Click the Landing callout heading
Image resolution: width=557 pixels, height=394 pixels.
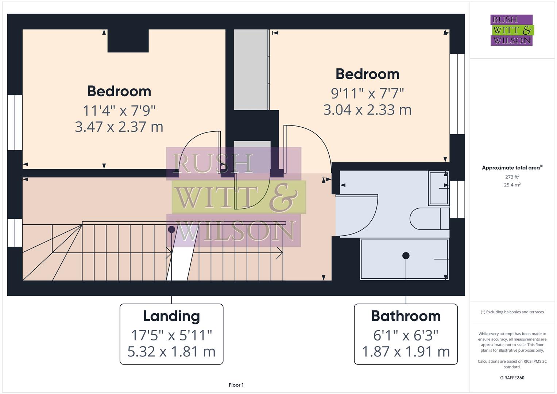pyautogui.click(x=171, y=316)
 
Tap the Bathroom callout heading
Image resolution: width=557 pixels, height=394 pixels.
pyautogui.click(x=406, y=316)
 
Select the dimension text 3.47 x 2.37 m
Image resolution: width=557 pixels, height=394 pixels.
pyautogui.click(x=119, y=127)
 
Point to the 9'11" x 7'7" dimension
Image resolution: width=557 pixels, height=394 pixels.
pyautogui.click(x=367, y=93)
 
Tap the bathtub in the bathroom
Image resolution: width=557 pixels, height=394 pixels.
pyautogui.click(x=404, y=259)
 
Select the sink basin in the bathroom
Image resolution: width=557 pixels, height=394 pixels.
pyautogui.click(x=438, y=188)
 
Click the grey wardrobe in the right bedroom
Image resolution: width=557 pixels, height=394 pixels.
pyautogui.click(x=251, y=69)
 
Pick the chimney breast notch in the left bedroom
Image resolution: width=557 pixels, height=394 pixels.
pyautogui.click(x=128, y=40)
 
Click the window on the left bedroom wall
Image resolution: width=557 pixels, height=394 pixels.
pyautogui.click(x=15, y=123)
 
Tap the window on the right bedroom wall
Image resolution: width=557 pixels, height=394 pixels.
pyautogui.click(x=457, y=94)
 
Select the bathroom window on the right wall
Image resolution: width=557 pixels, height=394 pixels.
pyautogui.click(x=457, y=199)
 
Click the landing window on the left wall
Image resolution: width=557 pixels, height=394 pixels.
pyautogui.click(x=15, y=233)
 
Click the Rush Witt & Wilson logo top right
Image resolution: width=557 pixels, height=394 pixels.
pyautogui.click(x=511, y=30)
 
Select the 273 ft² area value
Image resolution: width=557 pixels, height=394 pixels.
pyautogui.click(x=512, y=177)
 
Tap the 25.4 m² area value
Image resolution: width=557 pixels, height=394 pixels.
pyautogui.click(x=512, y=185)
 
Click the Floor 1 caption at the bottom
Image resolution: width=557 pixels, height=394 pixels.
pyautogui.click(x=236, y=385)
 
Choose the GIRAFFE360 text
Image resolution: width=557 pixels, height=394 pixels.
pyautogui.click(x=512, y=378)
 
